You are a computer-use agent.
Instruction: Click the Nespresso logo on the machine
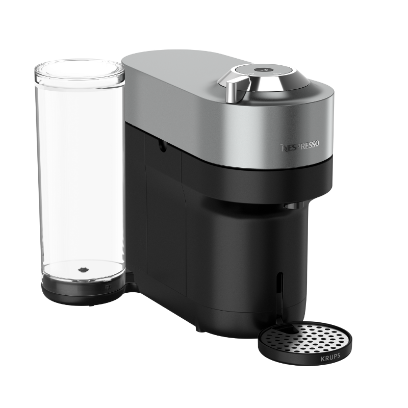[300, 146]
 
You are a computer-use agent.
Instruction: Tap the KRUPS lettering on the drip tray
[330, 358]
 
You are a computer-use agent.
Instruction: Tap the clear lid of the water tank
[80, 71]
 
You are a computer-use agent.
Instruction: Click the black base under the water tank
[83, 291]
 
